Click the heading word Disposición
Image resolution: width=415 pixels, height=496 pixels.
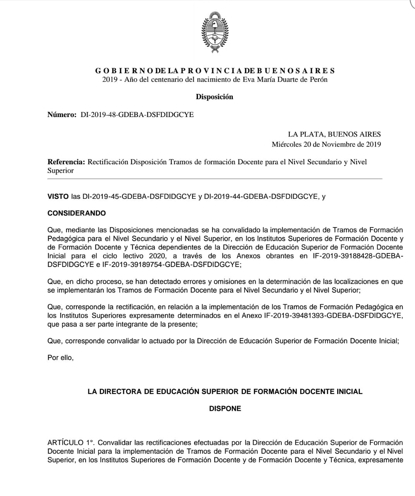coord(214,97)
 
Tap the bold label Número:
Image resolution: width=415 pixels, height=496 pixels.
coord(62,115)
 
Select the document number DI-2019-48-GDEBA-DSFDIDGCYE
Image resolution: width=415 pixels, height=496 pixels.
coord(137,115)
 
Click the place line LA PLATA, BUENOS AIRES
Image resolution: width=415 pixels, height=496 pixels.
coord(334,134)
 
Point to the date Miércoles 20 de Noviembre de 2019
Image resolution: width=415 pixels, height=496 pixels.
coord(326,145)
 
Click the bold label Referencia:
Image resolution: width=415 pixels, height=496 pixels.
coord(66,162)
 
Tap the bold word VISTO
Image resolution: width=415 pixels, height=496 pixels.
coord(58,196)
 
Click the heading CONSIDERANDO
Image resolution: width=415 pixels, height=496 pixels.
coord(76,213)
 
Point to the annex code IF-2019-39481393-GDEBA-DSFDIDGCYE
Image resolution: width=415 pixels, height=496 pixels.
coord(333,315)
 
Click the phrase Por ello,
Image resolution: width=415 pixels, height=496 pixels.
coord(60,358)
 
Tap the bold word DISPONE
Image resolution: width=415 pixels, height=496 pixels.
coord(225,408)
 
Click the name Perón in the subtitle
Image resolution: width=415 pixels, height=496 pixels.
coord(318,79)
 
